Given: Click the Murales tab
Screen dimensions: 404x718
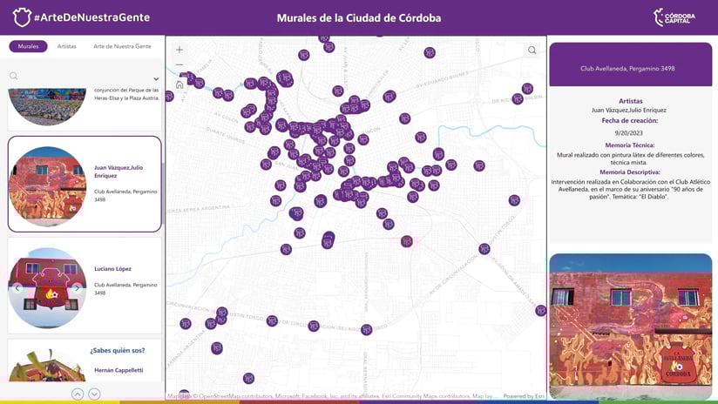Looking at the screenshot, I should click(29, 46).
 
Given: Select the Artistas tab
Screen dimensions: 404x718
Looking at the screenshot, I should click(66, 46).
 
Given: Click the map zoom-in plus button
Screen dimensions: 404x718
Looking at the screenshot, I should click(179, 50).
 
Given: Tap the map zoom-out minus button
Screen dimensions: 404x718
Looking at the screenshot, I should click(179, 64).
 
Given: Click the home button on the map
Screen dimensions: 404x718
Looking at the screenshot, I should click(179, 84).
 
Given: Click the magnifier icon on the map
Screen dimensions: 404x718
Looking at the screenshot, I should click(532, 50).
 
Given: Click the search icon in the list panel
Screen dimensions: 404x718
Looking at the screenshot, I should click(14, 77).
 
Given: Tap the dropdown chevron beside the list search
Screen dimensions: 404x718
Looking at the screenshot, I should click(156, 79).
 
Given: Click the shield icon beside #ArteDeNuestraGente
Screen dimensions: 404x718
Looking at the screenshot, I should click(22, 17).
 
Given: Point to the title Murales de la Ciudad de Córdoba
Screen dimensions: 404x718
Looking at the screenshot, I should click(358, 17).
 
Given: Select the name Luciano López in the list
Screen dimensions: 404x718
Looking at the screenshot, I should click(113, 269).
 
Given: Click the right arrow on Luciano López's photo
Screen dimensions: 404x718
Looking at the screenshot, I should click(77, 288).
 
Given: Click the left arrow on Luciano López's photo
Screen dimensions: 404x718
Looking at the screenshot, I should click(17, 288).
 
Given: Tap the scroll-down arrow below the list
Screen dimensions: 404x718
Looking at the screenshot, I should click(94, 394).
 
